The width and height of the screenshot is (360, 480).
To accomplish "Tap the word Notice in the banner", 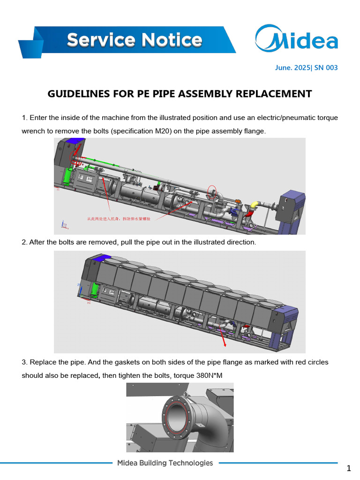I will point(171,40).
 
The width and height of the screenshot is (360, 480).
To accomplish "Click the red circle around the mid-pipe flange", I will point(212,192).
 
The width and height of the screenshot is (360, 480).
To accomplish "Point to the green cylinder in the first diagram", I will point(67,177).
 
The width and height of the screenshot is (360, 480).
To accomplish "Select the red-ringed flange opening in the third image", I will point(177,413).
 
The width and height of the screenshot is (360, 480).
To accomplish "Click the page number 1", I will point(348,468).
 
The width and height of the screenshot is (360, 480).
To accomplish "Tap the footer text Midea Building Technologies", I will point(165,463).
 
